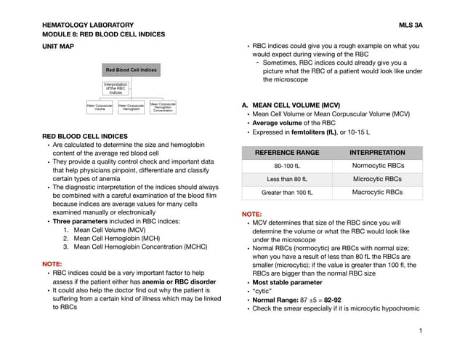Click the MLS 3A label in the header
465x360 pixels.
coord(411,25)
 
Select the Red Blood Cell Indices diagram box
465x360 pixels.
coord(131,71)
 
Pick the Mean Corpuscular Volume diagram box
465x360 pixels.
coord(100,108)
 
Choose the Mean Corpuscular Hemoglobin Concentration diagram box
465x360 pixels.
coord(162,107)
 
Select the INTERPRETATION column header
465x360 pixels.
coord(377,153)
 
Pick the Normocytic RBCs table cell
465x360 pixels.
coord(377,167)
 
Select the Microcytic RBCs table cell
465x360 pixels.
coord(377,180)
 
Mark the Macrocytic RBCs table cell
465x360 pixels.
coord(377,193)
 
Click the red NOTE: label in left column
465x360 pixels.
coord(52,263)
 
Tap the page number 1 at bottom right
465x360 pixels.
coord(420,331)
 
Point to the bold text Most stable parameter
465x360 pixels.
coord(287,281)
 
